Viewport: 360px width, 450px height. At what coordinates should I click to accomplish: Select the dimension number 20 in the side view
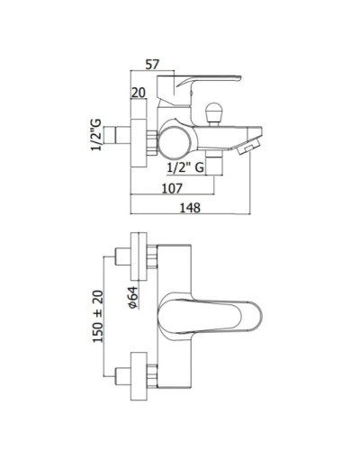point(138,93)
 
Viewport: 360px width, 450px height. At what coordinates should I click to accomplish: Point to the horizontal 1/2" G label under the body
point(189,166)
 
